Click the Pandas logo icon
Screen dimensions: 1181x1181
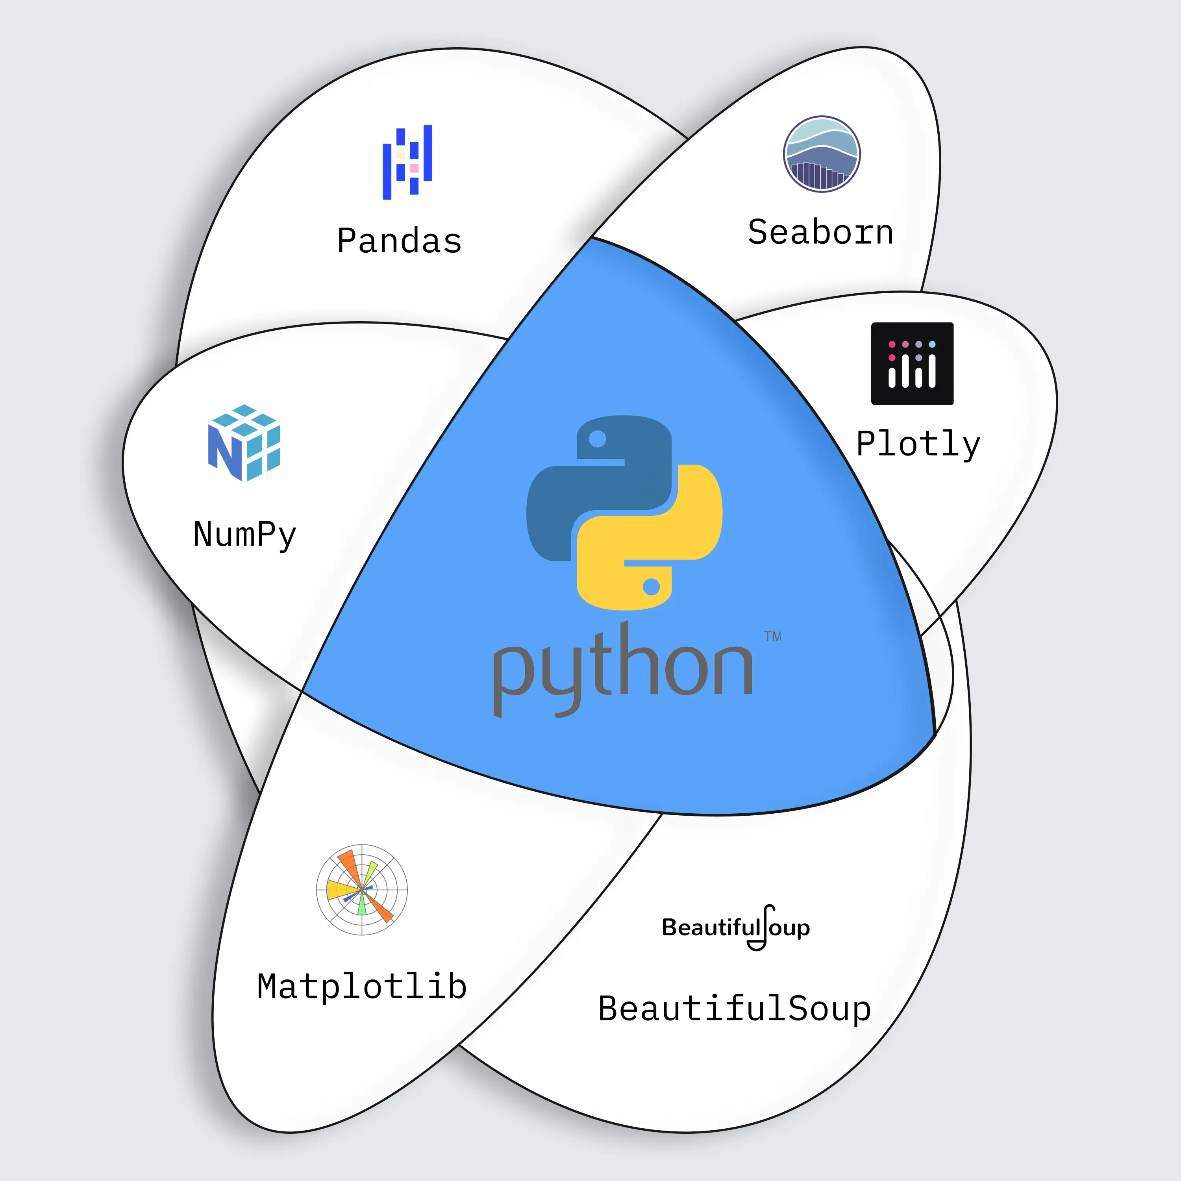tap(407, 162)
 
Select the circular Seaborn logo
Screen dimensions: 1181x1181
tap(822, 154)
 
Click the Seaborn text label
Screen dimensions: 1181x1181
tap(820, 232)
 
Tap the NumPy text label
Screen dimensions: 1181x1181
tap(244, 534)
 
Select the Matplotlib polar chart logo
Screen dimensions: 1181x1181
tap(362, 889)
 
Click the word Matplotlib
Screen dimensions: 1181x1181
tap(362, 987)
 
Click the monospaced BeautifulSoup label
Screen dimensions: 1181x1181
tap(734, 1009)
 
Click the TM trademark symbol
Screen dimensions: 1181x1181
tap(772, 636)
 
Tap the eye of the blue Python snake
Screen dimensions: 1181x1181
tap(597, 439)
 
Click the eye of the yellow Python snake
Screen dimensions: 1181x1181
tap(652, 587)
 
